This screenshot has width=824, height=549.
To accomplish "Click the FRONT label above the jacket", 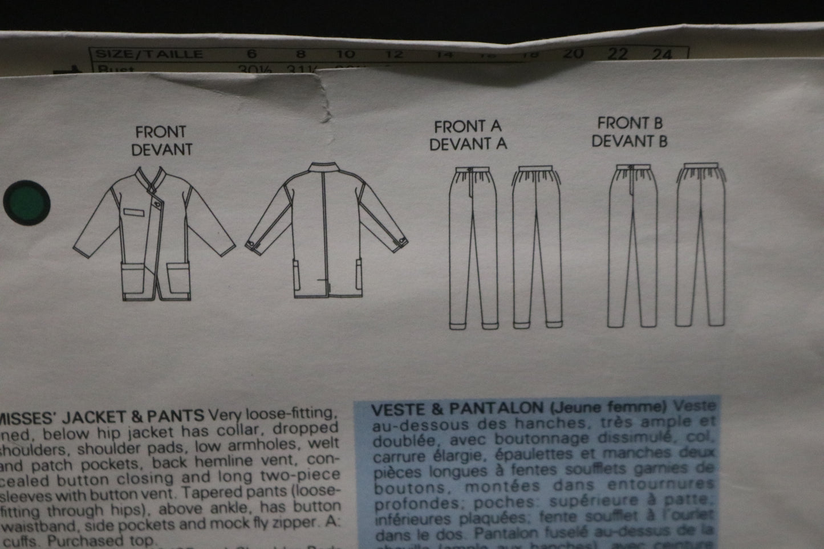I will (x=160, y=132).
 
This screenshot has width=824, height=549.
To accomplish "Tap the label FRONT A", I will (x=468, y=127).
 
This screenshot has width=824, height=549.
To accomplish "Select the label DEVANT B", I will (x=630, y=141).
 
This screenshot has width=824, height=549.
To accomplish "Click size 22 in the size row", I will (x=618, y=54).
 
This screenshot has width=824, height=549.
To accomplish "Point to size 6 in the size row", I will (x=252, y=55).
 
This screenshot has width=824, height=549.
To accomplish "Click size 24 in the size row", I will (x=662, y=55).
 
